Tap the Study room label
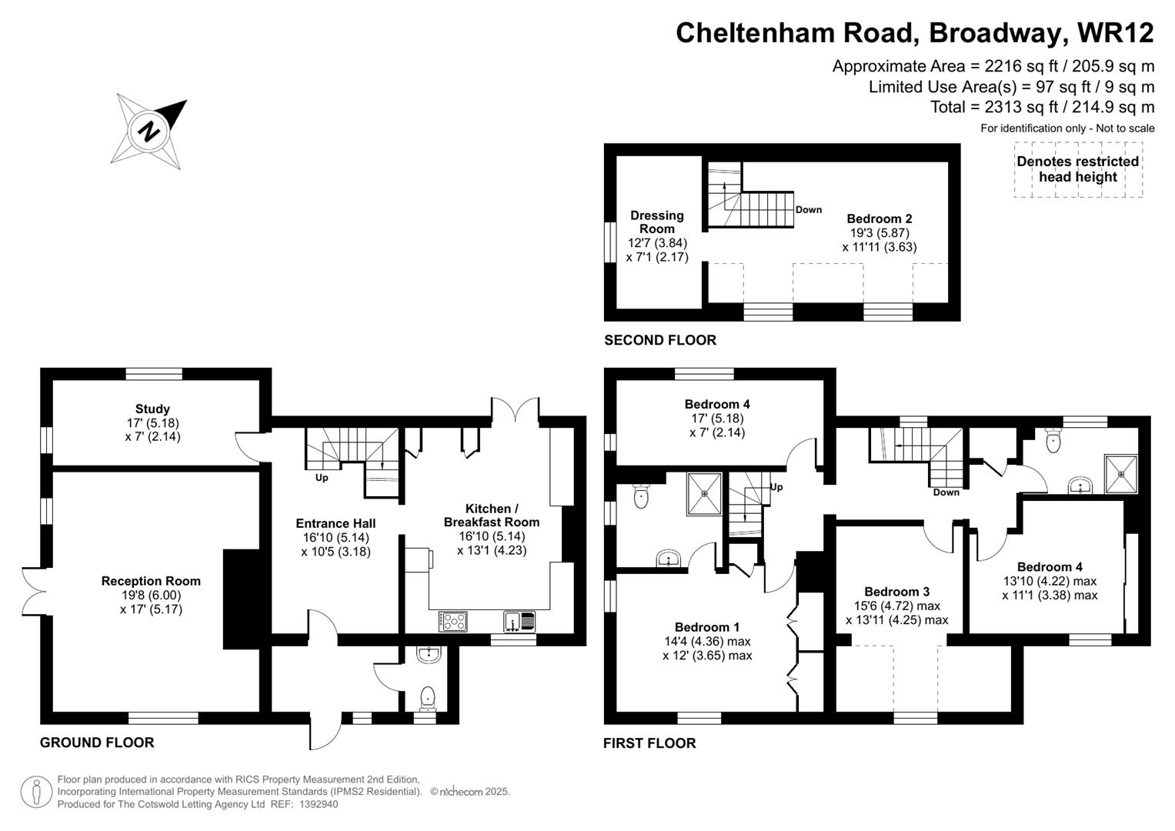(x=152, y=409)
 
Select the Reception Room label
(x=151, y=581)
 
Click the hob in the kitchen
(x=452, y=621)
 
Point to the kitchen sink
(x=521, y=621)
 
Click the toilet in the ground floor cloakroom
(x=427, y=697)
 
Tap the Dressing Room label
(x=657, y=222)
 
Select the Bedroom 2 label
(x=880, y=219)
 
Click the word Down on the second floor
(x=808, y=209)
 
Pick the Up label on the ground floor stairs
(x=322, y=478)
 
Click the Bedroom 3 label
(x=896, y=591)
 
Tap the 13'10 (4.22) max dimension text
(x=1050, y=581)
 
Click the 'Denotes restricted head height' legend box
(x=1077, y=169)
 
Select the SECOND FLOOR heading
(x=660, y=340)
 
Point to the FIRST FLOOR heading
(x=649, y=743)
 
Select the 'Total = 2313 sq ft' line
(x=1042, y=107)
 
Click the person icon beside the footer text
(x=36, y=792)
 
